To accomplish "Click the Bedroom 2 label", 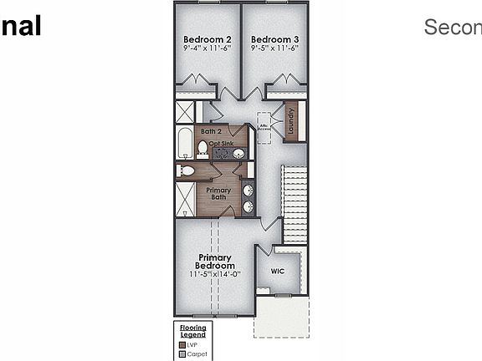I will click(x=208, y=39).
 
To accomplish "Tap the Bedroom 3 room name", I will click(x=274, y=39).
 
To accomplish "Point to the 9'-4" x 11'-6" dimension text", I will click(x=208, y=48).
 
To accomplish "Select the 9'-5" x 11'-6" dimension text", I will click(x=274, y=48).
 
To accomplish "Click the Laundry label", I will click(x=290, y=122).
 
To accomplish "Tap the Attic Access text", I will click(x=264, y=127).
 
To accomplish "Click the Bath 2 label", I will click(x=211, y=131).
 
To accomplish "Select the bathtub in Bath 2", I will click(x=185, y=144).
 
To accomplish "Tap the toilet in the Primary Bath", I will click(x=186, y=170).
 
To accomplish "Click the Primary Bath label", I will click(x=218, y=193).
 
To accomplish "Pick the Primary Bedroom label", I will click(x=215, y=262).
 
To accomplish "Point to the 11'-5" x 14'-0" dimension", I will click(x=215, y=274).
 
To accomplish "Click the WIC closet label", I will click(x=279, y=271).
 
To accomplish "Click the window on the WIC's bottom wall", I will click(x=283, y=295).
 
